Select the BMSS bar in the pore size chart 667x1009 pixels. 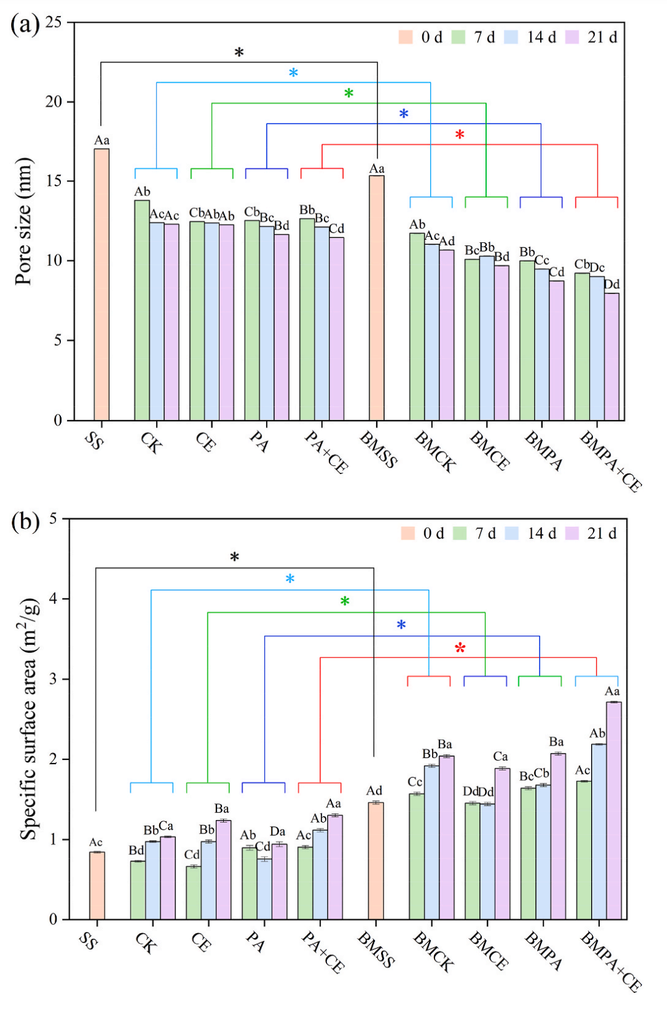coord(376,298)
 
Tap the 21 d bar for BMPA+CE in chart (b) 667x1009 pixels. coord(614,810)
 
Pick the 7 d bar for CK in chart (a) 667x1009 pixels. coord(142,310)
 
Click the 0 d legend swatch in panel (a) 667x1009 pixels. coord(406,37)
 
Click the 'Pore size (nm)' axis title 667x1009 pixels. coord(23,221)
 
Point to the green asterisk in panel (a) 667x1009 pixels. coord(349,94)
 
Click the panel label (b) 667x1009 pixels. coord(25,521)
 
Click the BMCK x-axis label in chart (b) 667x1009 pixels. coord(433,951)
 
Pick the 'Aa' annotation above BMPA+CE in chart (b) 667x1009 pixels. coord(612,692)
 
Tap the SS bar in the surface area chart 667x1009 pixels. coord(96,885)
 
